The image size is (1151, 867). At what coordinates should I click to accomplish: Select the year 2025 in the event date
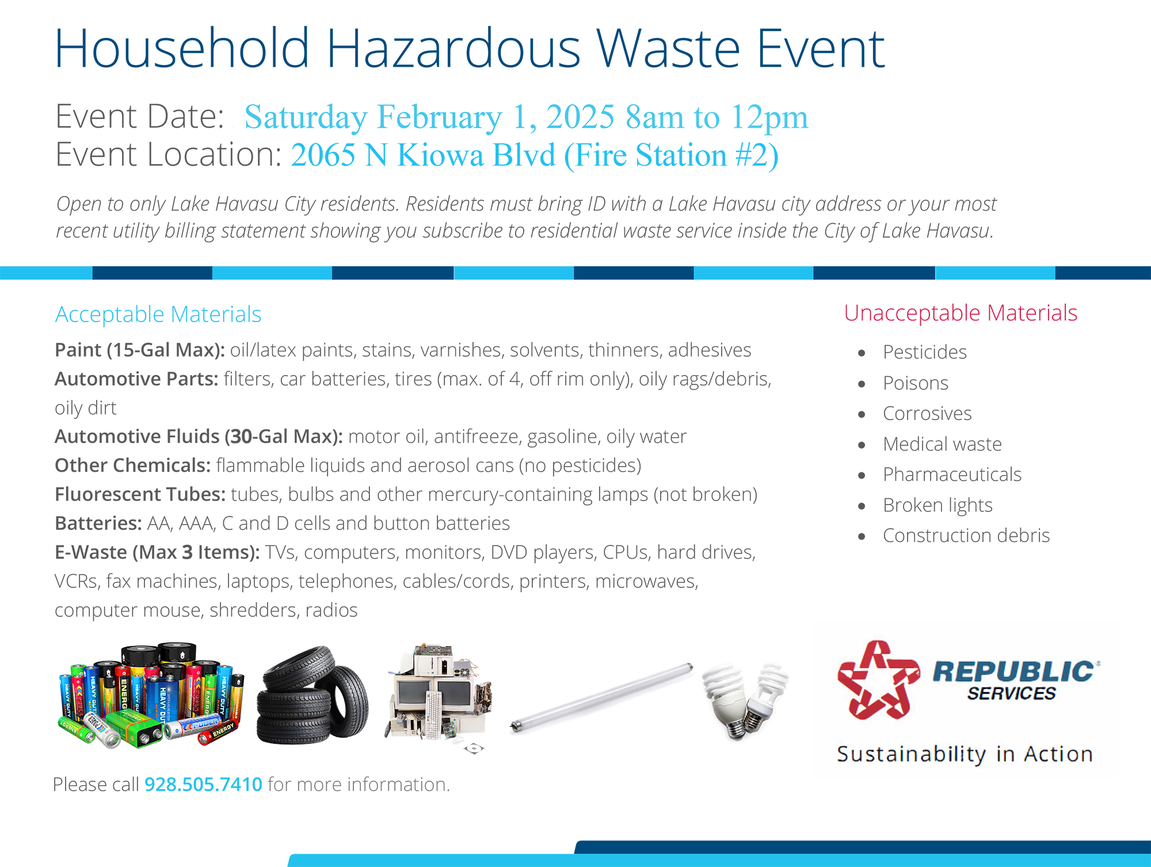[x=580, y=117]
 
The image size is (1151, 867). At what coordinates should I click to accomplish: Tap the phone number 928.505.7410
[x=203, y=784]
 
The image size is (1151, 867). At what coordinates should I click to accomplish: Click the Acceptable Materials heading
[x=158, y=314]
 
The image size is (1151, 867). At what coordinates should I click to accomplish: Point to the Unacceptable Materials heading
[x=961, y=313]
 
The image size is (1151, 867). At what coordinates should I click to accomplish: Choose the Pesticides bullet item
[x=925, y=352]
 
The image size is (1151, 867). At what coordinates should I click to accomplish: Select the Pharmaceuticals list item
[x=952, y=474]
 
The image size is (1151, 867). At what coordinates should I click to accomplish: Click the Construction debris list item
[x=966, y=535]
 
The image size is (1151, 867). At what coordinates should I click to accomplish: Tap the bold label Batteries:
[x=98, y=523]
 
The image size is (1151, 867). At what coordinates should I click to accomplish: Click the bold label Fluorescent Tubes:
[x=140, y=494]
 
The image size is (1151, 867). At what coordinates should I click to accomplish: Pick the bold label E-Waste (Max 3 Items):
[x=157, y=552]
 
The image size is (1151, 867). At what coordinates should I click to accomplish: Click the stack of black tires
[x=313, y=696]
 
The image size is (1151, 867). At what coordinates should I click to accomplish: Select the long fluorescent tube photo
[x=601, y=698]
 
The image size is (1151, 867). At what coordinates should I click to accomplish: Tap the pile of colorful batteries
[x=151, y=696]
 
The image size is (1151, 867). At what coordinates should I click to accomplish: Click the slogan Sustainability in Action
[x=965, y=754]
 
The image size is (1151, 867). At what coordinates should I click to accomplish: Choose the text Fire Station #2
[x=671, y=155]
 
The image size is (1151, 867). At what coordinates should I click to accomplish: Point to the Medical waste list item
[x=942, y=444]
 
